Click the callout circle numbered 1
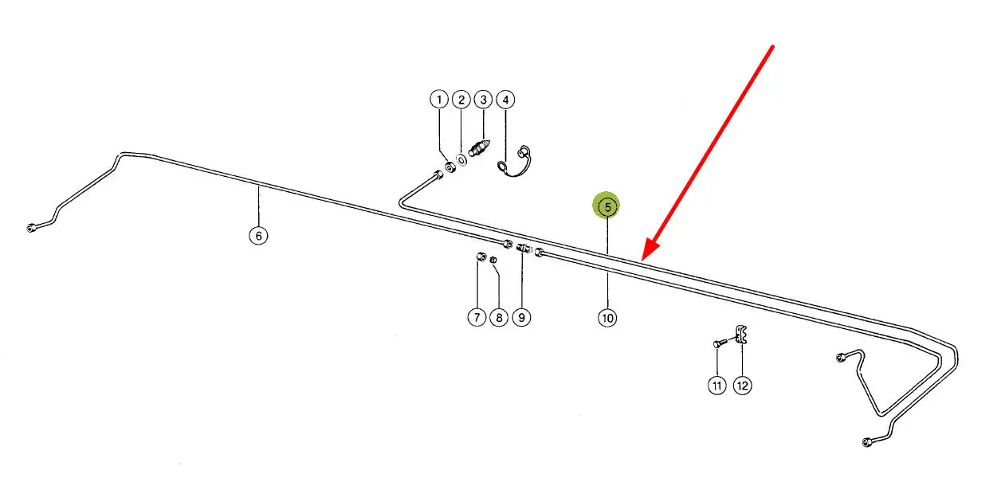click(x=438, y=100)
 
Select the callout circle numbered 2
click(x=461, y=100)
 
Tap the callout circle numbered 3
click(x=483, y=100)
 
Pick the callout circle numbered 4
click(x=505, y=100)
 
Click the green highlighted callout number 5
click(x=606, y=207)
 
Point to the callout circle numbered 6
click(x=257, y=236)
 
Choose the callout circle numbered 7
click(x=476, y=317)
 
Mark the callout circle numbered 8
click(x=498, y=317)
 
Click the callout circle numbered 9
click(x=521, y=317)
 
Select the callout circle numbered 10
click(x=607, y=318)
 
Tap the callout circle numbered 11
click(x=716, y=386)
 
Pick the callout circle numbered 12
click(x=742, y=386)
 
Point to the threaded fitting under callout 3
click(x=479, y=149)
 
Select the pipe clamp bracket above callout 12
click(x=740, y=335)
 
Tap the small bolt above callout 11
click(x=719, y=343)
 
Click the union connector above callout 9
click(x=523, y=249)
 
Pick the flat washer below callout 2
click(x=462, y=160)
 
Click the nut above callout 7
click(x=480, y=257)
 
